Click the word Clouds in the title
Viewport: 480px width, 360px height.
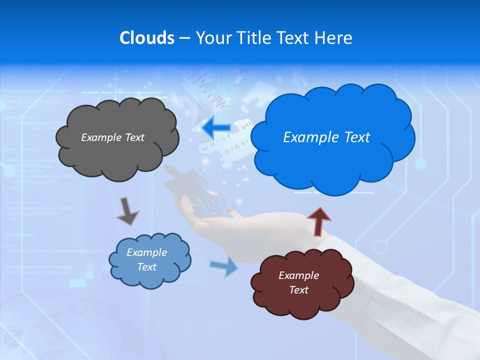[x=146, y=38]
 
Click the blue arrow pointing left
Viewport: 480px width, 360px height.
[x=215, y=128]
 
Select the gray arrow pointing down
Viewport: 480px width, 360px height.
[x=127, y=211]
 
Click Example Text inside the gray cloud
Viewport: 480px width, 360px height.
[x=112, y=137]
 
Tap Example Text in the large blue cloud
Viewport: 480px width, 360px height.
[x=326, y=137]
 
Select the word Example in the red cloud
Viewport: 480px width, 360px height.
[x=298, y=275]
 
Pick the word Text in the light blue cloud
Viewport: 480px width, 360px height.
[x=146, y=267]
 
